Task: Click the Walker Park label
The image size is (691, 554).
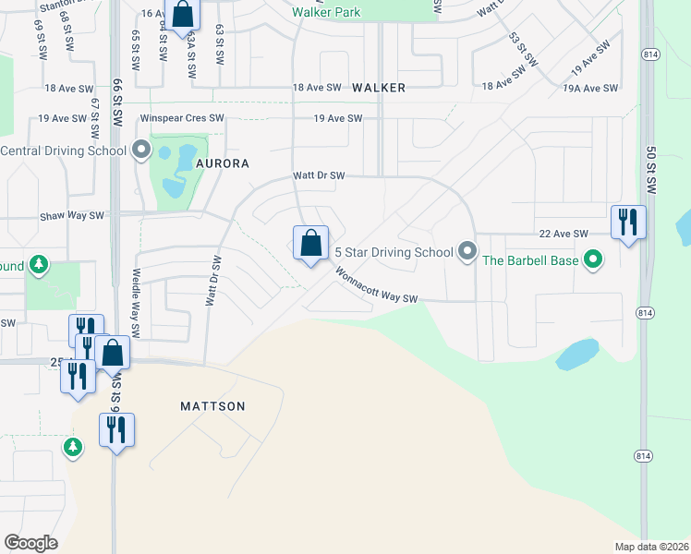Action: [x=326, y=13]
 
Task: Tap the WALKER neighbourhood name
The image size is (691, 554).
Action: [x=379, y=88]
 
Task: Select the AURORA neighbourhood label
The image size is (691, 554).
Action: [x=223, y=163]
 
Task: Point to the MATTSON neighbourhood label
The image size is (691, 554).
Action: [x=213, y=406]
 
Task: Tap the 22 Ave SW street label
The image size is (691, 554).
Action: [x=564, y=234]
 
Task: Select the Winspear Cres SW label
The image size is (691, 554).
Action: [x=182, y=119]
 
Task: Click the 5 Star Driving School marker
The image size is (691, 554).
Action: [x=467, y=251]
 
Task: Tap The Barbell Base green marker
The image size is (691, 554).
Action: [x=594, y=260]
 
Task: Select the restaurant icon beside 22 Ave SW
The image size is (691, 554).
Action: [x=628, y=222]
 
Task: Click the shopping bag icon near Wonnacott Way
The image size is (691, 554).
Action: [x=311, y=245]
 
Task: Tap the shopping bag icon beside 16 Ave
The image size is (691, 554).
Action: [x=183, y=15]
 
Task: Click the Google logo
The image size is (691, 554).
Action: [x=31, y=543]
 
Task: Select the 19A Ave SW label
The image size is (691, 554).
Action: [x=589, y=88]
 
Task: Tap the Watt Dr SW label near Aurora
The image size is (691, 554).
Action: [x=318, y=175]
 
